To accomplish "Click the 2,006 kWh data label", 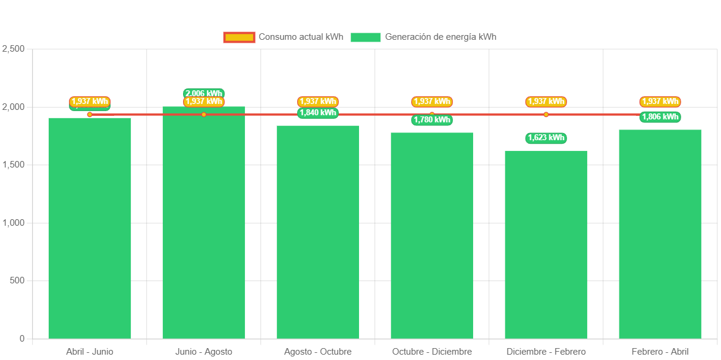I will [x=204, y=93].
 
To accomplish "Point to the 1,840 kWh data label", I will [x=318, y=113].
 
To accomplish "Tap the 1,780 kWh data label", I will [x=432, y=120].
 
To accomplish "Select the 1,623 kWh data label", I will [x=546, y=138].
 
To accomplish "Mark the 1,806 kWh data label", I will [x=660, y=117].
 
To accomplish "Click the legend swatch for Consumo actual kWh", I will [x=239, y=37].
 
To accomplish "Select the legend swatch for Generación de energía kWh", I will [x=366, y=37].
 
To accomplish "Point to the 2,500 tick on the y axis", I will [x=14, y=49].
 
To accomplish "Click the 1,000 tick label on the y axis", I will [x=14, y=223].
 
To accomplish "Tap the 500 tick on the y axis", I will [x=17, y=280].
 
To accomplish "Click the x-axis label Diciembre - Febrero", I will [x=546, y=352].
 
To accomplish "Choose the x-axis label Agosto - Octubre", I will [x=318, y=352].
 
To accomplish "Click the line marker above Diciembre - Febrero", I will [x=546, y=115].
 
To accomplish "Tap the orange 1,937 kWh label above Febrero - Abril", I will [x=660, y=102].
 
